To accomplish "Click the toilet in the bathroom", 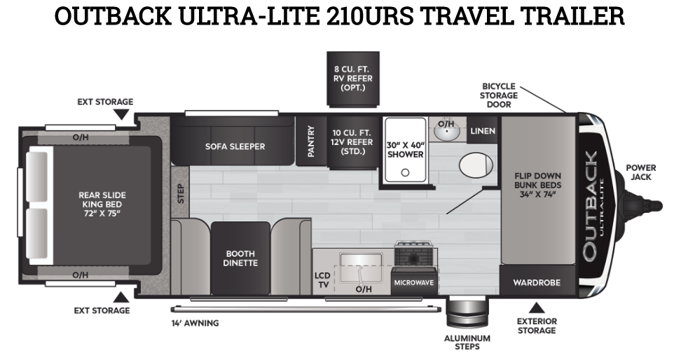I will click(475, 165).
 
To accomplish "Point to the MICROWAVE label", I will click(413, 283).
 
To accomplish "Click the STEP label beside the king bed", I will click(180, 194).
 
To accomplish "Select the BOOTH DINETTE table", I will click(240, 258).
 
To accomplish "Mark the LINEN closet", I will click(483, 131).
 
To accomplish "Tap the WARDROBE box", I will click(537, 283).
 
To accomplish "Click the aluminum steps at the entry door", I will click(462, 312).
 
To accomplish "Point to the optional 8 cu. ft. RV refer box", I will click(352, 78).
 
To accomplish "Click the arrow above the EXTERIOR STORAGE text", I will click(537, 307).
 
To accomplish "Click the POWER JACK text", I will click(640, 172).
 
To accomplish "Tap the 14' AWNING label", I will click(195, 323).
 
